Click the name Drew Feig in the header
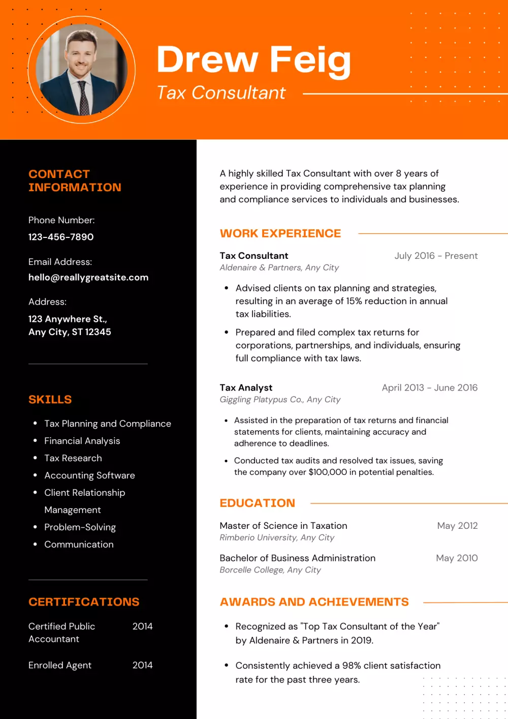(x=253, y=60)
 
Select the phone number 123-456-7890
(x=61, y=237)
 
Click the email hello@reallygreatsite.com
(x=88, y=278)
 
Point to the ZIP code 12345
(x=98, y=332)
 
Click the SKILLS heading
(x=50, y=400)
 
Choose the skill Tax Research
(x=73, y=458)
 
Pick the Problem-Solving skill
(x=80, y=527)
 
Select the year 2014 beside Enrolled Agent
(x=142, y=665)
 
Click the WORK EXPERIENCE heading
(x=280, y=233)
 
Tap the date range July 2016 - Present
(x=436, y=256)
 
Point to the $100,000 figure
(x=328, y=472)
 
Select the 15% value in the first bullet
(x=354, y=301)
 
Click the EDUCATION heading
(x=257, y=503)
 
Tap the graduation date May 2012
(x=457, y=526)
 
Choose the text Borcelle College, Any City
(x=270, y=570)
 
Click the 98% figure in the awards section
(x=352, y=666)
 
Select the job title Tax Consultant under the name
(x=221, y=93)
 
